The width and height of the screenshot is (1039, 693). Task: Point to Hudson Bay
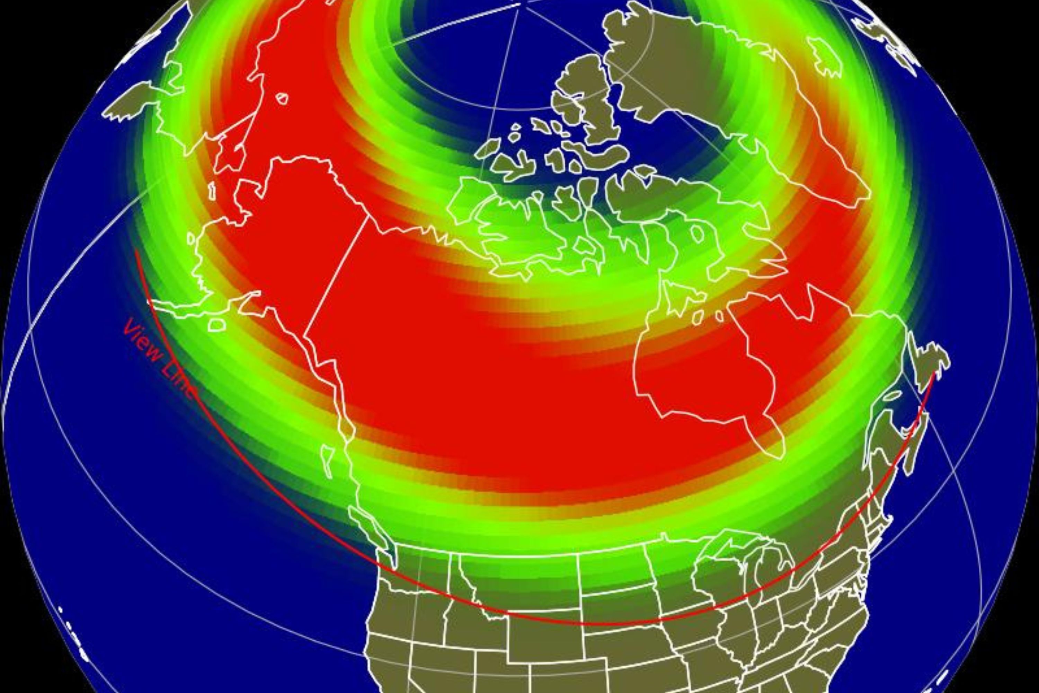coord(702,380)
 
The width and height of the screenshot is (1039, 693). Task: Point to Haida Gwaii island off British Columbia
coord(327,460)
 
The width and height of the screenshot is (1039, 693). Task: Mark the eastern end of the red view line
coord(933,375)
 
